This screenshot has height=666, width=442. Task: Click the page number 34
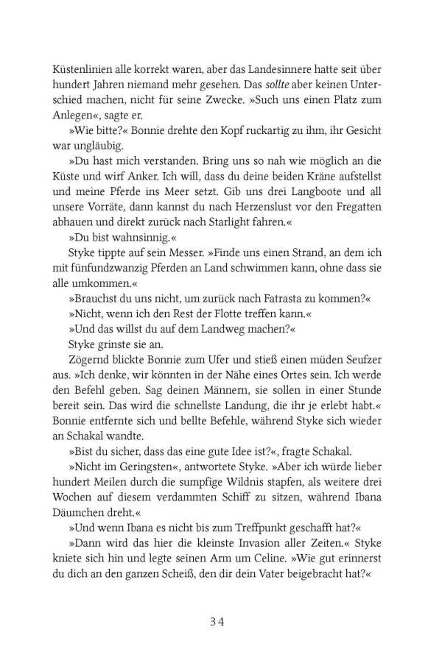click(221, 620)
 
